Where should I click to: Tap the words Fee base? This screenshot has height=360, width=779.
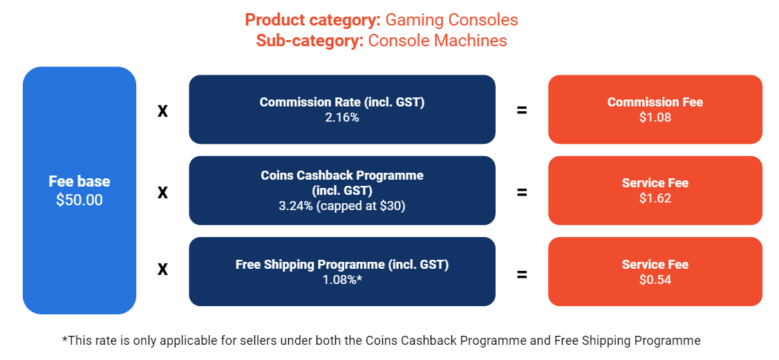[x=79, y=182]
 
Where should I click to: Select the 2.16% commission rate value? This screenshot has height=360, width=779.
[x=342, y=117]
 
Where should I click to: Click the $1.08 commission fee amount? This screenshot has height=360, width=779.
[x=655, y=117]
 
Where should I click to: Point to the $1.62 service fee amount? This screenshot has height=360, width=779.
[x=655, y=198]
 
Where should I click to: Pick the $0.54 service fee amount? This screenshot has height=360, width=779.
[x=655, y=280]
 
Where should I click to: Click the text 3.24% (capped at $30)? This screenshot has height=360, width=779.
[x=342, y=205]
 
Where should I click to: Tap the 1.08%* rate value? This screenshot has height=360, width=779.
[x=342, y=280]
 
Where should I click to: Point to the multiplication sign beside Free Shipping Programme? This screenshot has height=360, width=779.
[x=162, y=269]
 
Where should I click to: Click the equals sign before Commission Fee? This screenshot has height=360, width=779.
[x=522, y=110]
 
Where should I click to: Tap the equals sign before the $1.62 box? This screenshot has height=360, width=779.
[x=522, y=191]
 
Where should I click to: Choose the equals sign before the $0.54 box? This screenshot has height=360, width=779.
[x=522, y=274]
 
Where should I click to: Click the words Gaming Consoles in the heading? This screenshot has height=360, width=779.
[x=451, y=20]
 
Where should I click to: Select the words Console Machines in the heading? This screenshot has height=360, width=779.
[x=438, y=41]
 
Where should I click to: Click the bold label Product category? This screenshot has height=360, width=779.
[x=313, y=20]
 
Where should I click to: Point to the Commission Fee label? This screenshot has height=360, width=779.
[x=655, y=102]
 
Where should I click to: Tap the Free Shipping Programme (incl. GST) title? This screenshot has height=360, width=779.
[x=342, y=265]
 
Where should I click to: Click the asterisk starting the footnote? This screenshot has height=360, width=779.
[x=65, y=339]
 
